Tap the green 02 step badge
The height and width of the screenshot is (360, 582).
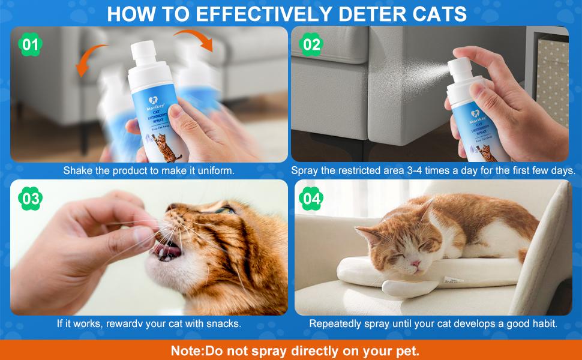click(x=312, y=44)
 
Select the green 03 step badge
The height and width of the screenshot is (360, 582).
click(x=30, y=198)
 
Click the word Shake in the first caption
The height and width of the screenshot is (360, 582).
click(x=77, y=170)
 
